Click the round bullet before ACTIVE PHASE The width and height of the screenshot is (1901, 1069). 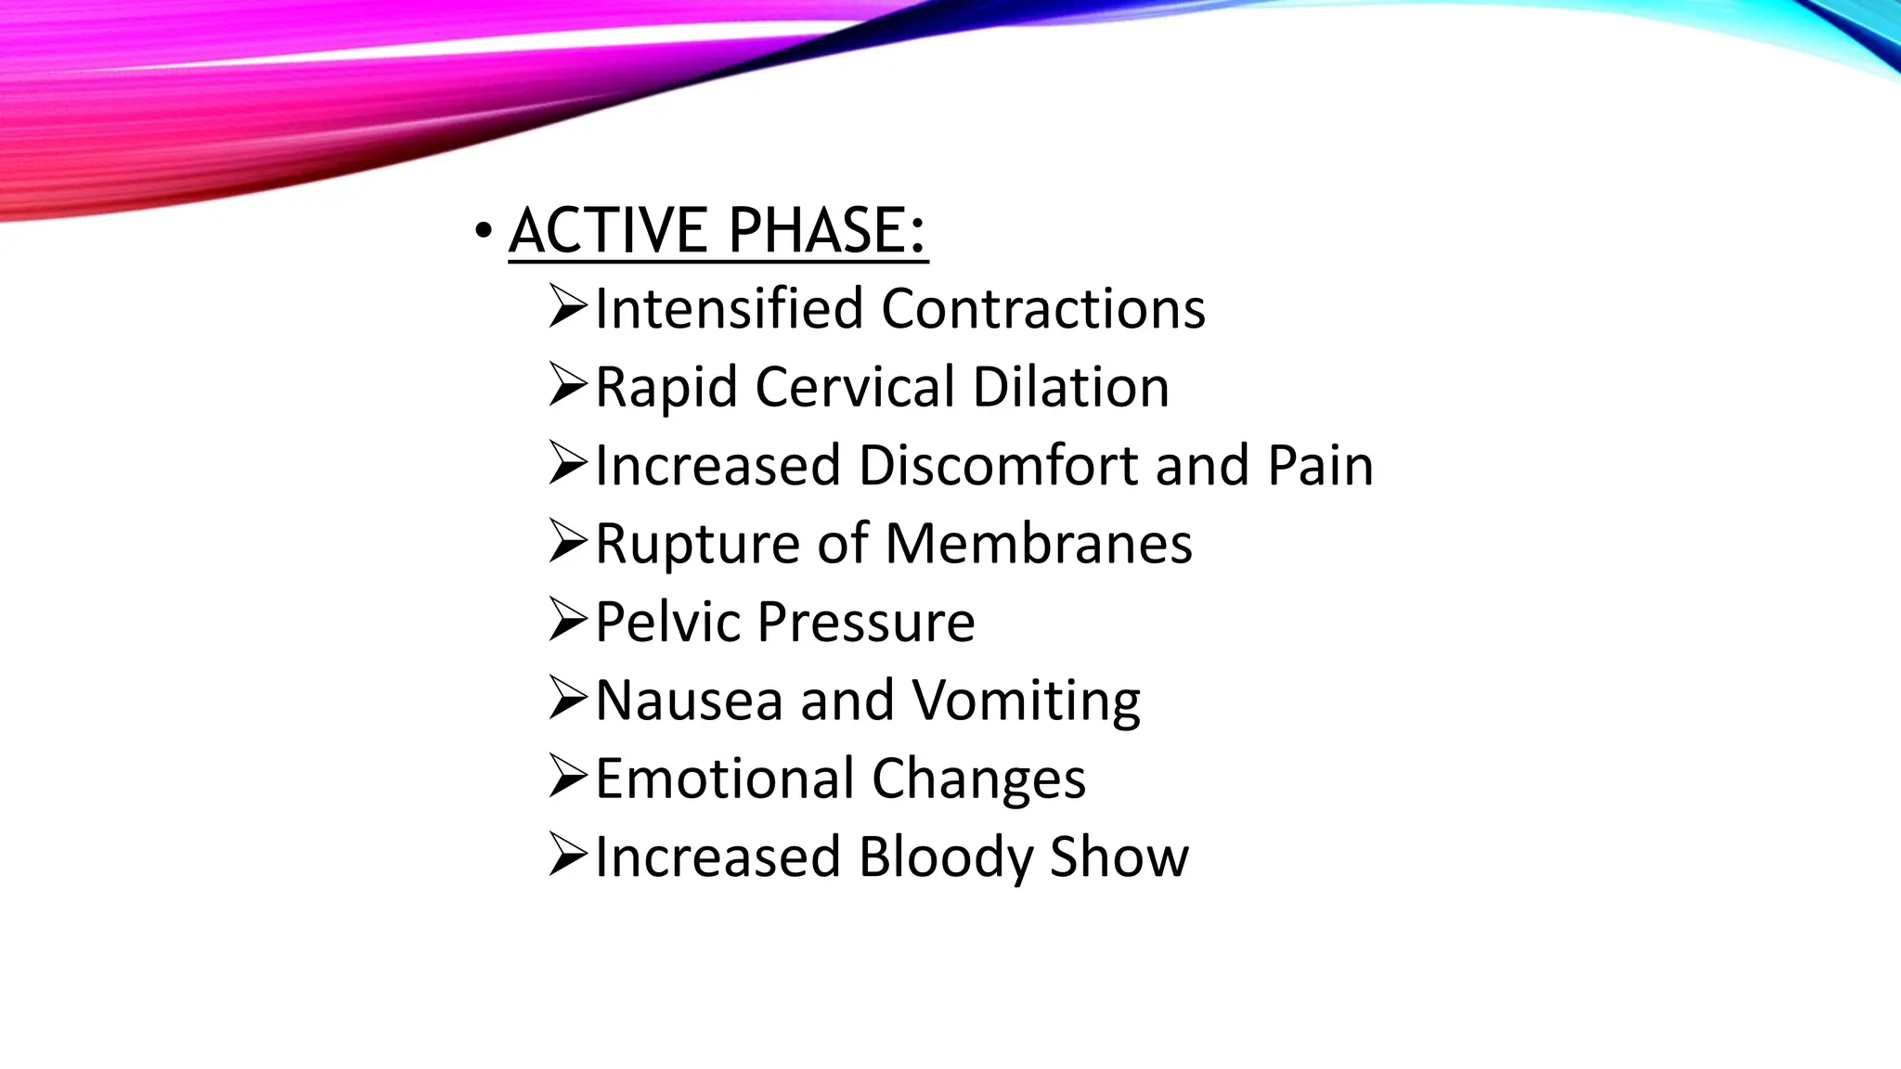pyautogui.click(x=482, y=230)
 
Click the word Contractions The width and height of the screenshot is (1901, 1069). pyautogui.click(x=1043, y=308)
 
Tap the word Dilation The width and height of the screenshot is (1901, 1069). pyautogui.click(x=1071, y=387)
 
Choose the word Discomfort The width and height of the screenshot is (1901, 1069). pyautogui.click(x=998, y=465)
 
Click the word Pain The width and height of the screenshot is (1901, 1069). pyautogui.click(x=1320, y=465)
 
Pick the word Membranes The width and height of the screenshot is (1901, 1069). pyautogui.click(x=1039, y=544)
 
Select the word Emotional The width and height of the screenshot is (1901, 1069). pyautogui.click(x=724, y=779)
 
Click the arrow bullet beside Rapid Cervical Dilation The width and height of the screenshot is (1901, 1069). pyautogui.click(x=567, y=385)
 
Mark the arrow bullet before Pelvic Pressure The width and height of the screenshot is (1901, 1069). pyautogui.click(x=567, y=620)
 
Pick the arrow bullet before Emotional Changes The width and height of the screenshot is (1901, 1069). pyautogui.click(x=567, y=777)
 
